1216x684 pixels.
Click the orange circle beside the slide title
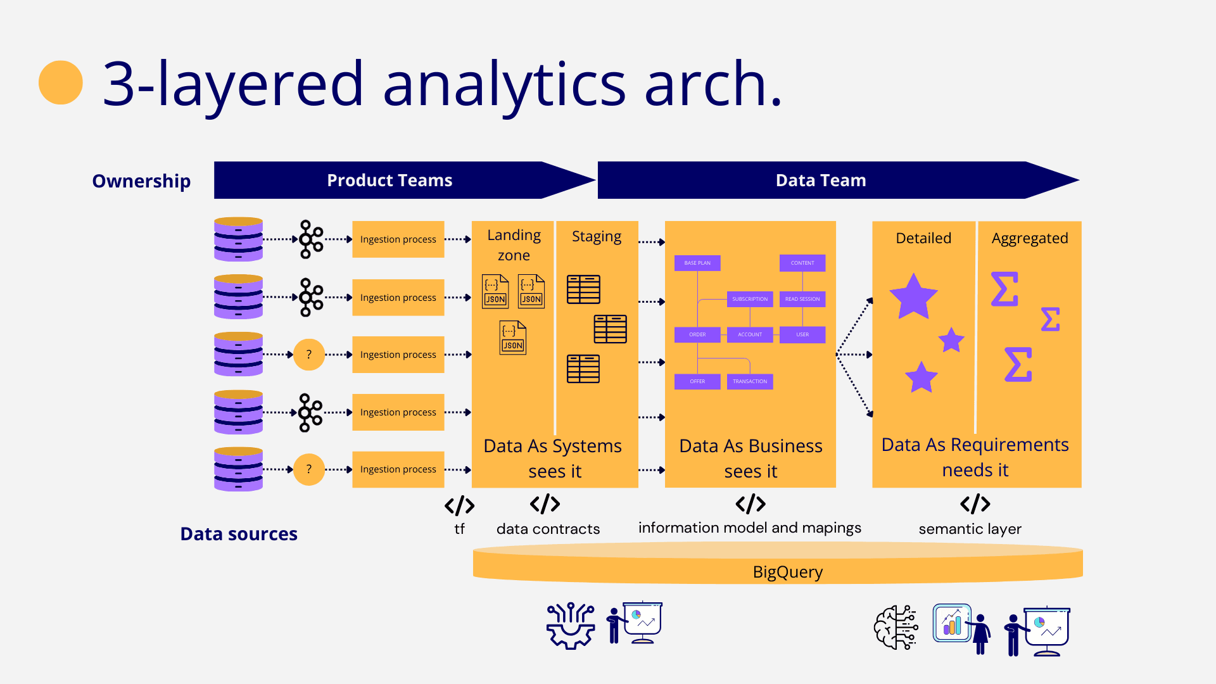pos(61,82)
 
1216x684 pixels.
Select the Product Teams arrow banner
pos(389,180)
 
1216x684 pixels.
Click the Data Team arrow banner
pos(821,180)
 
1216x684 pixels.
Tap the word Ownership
pos(141,181)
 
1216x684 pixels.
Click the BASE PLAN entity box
pos(697,263)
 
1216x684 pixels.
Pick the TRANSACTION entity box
pos(750,381)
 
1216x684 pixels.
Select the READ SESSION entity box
pos(802,299)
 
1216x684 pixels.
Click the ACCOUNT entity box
pos(750,334)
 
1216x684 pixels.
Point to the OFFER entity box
pos(697,381)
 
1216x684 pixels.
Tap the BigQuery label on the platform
pos(787,572)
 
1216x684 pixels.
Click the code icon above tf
pos(459,505)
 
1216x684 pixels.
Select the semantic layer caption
pos(970,529)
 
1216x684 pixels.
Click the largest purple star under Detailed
pos(913,296)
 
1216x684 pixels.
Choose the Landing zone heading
pos(514,245)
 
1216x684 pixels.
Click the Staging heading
pos(597,236)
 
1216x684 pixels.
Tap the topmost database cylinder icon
pos(238,239)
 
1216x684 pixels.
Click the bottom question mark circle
pos(309,469)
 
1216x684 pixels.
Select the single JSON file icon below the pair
pos(512,338)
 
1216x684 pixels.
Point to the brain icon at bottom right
pos(896,627)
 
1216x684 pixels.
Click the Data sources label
pos(239,534)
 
